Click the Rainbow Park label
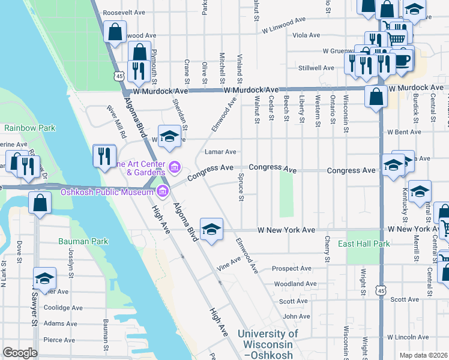tap(29, 128)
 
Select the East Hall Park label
tap(364, 244)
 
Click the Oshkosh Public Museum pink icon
tap(161, 192)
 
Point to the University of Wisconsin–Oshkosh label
tap(267, 344)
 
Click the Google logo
tap(20, 353)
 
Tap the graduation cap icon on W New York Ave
tap(211, 229)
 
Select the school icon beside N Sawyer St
tap(44, 277)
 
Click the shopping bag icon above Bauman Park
tap(40, 203)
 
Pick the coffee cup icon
tap(402, 60)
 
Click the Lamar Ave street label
tap(220, 152)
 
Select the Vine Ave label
tap(229, 265)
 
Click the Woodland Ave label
tap(294, 284)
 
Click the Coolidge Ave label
tap(61, 309)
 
